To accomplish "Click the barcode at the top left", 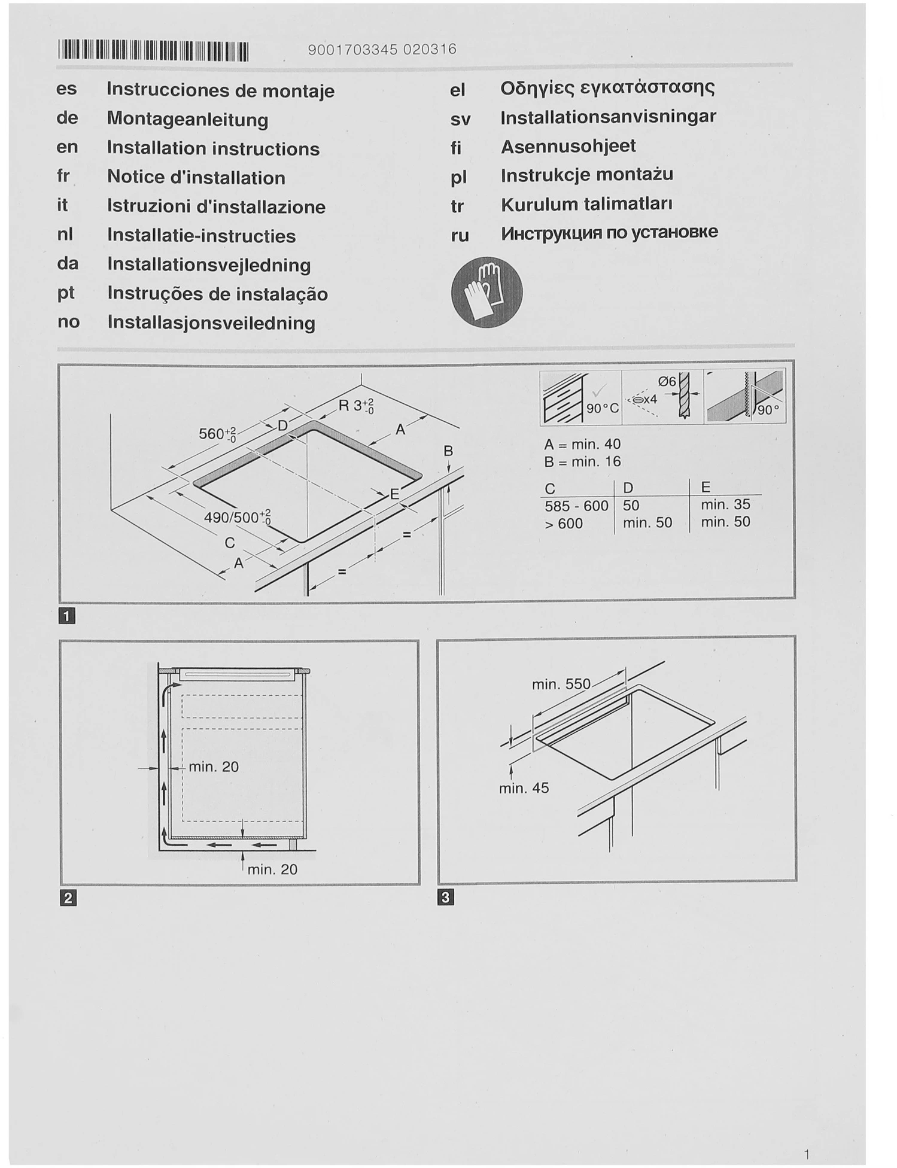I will (x=153, y=51).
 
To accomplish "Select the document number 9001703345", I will (x=352, y=50).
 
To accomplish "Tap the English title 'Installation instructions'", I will (x=213, y=148).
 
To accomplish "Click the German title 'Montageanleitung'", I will (x=187, y=119).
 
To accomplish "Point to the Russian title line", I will (x=609, y=232).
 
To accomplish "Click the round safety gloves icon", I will (x=486, y=292).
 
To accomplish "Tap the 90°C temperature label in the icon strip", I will (x=603, y=409).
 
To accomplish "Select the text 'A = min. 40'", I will (x=582, y=444).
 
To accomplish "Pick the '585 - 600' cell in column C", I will (x=576, y=506).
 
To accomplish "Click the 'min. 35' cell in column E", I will (x=725, y=504).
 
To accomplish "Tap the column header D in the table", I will (x=628, y=487).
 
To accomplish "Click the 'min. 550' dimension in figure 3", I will (x=561, y=684).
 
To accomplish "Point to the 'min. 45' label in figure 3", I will (x=524, y=788).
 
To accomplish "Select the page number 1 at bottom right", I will (x=807, y=1154).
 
